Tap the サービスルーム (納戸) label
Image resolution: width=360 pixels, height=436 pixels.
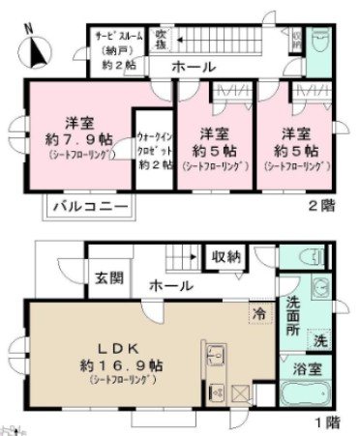119,46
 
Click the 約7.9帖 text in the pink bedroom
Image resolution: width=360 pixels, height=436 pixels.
78,138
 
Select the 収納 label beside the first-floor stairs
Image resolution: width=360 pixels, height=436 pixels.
228,256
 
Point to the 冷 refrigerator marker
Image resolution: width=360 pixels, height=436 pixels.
258,313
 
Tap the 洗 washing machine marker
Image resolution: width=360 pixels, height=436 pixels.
318,341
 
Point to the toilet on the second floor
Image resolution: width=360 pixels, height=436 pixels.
321,43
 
